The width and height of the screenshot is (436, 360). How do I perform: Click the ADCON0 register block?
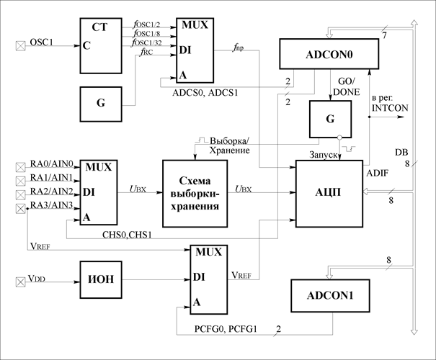click(x=329, y=54)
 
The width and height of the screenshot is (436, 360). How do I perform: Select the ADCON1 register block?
click(x=330, y=295)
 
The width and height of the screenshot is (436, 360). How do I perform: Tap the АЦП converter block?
click(x=329, y=194)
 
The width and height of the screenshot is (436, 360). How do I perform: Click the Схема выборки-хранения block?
click(x=195, y=194)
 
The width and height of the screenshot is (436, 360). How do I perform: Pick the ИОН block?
click(x=101, y=280)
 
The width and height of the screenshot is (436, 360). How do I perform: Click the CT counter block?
click(x=101, y=46)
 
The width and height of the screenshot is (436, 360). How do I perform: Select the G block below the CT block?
click(x=101, y=104)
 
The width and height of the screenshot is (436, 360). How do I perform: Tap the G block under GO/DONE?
click(x=330, y=120)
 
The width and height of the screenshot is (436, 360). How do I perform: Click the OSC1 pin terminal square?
click(x=20, y=46)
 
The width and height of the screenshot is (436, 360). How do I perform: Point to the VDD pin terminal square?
click(x=20, y=282)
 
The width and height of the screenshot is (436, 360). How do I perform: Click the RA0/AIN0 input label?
click(x=51, y=164)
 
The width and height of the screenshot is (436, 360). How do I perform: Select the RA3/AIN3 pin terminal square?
click(x=20, y=208)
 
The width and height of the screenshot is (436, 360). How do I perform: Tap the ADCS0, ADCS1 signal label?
click(x=205, y=92)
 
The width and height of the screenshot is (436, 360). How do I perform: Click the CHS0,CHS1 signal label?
click(x=127, y=235)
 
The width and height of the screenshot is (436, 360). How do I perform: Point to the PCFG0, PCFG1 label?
click(x=226, y=329)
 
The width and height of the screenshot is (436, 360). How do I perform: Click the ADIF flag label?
click(x=377, y=173)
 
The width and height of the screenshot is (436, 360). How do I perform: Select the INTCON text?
click(x=390, y=108)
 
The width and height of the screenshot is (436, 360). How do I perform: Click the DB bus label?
click(x=401, y=152)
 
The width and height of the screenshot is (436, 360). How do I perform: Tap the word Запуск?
click(x=324, y=155)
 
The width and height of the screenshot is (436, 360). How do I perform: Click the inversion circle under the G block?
click(x=339, y=138)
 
